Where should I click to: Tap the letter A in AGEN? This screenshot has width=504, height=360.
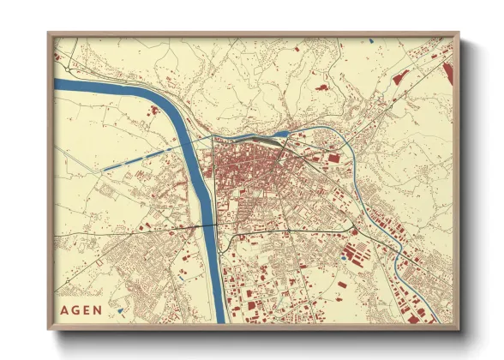tap(66, 310)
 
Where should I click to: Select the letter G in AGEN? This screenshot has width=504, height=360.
tap(76, 310)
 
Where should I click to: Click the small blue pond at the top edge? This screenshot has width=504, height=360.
tap(371, 40)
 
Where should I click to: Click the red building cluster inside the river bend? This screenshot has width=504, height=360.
tap(155, 110)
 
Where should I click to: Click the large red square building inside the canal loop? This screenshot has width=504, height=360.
tap(333, 158)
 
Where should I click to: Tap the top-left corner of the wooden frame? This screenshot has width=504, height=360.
tap(49, 34)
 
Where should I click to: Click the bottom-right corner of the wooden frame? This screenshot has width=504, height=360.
tap(458, 329)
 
